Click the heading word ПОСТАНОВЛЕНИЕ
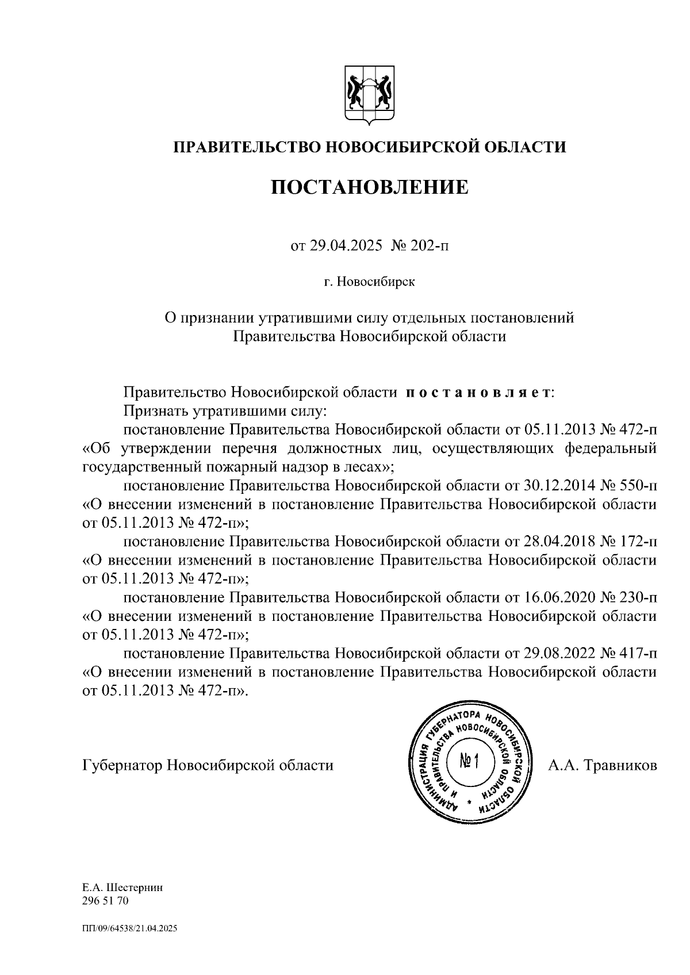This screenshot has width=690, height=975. [370, 187]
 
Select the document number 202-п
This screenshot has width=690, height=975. [429, 247]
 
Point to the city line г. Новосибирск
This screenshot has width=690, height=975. [369, 282]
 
